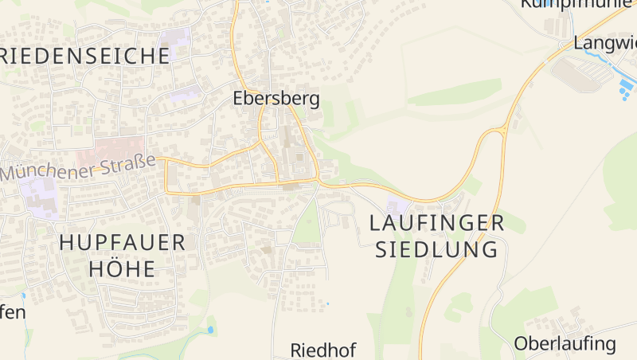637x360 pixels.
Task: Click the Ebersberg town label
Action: [x=276, y=99]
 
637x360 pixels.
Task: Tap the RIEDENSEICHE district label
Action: [x=85, y=56]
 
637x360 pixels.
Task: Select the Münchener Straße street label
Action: [x=78, y=167]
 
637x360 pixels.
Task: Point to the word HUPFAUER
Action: [x=122, y=244]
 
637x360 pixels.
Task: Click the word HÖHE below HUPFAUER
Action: [x=118, y=269]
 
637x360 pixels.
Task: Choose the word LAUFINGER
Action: [x=437, y=223]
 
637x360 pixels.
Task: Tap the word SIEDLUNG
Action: [x=436, y=249]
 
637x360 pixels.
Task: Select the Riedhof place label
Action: [x=322, y=350]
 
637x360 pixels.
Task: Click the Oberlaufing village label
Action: [x=565, y=344]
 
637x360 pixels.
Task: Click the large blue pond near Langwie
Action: [x=628, y=83]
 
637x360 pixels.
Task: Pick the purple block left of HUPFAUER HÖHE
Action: [x=40, y=196]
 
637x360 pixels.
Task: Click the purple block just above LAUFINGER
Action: [x=393, y=206]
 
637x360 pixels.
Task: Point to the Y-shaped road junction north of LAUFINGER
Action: [x=502, y=129]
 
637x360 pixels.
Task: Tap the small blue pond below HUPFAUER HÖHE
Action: [x=210, y=329]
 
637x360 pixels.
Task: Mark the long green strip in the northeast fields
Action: [x=454, y=92]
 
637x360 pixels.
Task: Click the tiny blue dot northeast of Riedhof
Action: [x=327, y=303]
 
